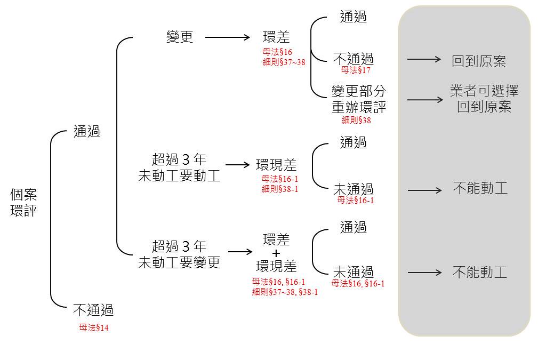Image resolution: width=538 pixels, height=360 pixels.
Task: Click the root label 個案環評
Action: pyautogui.click(x=23, y=203)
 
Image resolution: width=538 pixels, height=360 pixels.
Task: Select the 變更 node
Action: pyautogui.click(x=180, y=37)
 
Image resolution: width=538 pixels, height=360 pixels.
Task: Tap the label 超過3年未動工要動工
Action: pyautogui.click(x=179, y=167)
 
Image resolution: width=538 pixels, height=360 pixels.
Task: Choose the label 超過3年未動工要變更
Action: pyautogui.click(x=179, y=254)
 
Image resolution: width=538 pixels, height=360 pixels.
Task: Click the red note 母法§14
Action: pyautogui.click(x=94, y=328)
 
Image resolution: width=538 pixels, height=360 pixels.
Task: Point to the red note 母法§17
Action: pyautogui.click(x=356, y=70)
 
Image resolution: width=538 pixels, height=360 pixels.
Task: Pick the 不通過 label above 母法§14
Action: pyautogui.click(x=93, y=310)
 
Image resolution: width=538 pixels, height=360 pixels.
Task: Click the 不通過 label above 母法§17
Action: pyautogui.click(x=354, y=59)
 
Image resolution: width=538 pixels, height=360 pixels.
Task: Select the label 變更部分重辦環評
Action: pyautogui.click(x=358, y=99)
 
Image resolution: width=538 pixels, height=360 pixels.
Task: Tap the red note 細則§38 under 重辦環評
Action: pyautogui.click(x=356, y=120)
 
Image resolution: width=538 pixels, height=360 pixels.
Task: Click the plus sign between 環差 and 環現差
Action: pyautogui.click(x=276, y=254)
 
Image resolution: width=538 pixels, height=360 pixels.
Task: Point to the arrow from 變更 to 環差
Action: pyautogui.click(x=228, y=37)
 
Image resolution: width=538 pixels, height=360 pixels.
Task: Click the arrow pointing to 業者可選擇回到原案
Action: pyautogui.click(x=425, y=100)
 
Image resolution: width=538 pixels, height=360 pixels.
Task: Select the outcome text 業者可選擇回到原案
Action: pyautogui.click(x=484, y=99)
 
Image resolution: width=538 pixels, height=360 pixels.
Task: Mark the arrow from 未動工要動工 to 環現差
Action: pyautogui.click(x=237, y=165)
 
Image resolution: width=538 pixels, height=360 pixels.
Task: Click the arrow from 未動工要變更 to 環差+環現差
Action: pyautogui.click(x=240, y=252)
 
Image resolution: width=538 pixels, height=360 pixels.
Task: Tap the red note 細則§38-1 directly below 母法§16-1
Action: pyautogui.click(x=279, y=189)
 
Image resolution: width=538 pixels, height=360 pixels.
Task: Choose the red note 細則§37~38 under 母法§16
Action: pyautogui.click(x=284, y=62)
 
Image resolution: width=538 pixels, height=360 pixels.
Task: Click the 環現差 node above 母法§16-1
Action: pyautogui.click(x=276, y=165)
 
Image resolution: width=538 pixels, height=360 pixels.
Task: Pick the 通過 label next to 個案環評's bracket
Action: pyautogui.click(x=87, y=131)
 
